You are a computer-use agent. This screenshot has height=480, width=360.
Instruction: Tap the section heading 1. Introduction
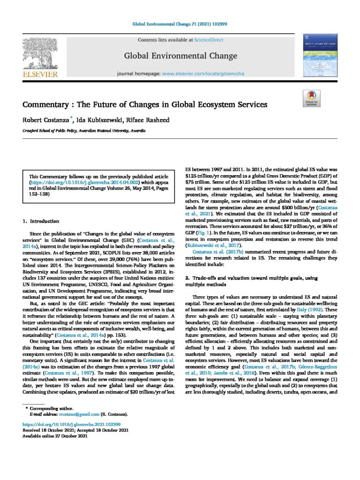point(41,220)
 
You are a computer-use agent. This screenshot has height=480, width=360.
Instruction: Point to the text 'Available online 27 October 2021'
point(55,436)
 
